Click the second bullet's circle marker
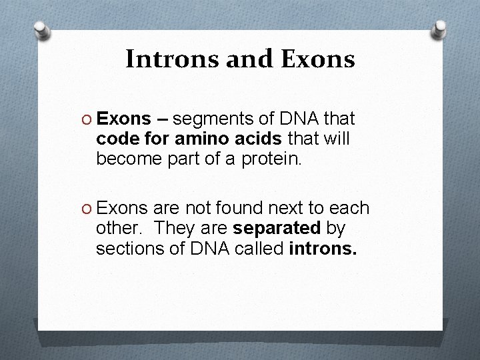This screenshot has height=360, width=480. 87,209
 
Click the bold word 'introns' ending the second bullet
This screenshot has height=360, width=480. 323,249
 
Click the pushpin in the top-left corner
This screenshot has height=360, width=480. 42,31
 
